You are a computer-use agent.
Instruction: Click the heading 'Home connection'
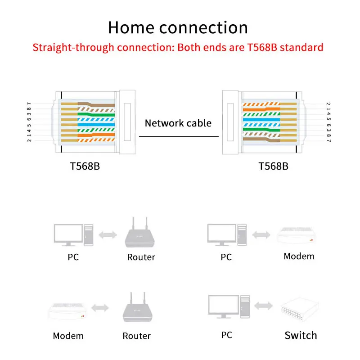click(178, 27)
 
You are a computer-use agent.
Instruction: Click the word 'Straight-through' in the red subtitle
click(73, 48)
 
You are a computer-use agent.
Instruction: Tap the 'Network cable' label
click(178, 123)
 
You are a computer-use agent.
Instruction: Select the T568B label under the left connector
click(85, 166)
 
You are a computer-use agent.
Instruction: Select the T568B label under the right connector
click(273, 166)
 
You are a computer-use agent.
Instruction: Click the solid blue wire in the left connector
click(96, 125)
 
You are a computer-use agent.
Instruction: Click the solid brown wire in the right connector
click(261, 139)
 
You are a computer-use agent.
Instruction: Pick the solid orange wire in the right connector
click(261, 109)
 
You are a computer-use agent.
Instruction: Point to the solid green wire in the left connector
click(96, 114)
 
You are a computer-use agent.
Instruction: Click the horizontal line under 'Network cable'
click(179, 137)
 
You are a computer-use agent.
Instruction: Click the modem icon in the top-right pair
click(296, 235)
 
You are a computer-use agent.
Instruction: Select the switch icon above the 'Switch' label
click(300, 310)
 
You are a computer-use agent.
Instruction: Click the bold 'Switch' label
click(301, 335)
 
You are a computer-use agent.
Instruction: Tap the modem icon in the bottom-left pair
click(68, 311)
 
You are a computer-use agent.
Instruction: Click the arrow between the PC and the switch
click(264, 306)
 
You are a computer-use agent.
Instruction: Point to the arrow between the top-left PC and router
click(108, 235)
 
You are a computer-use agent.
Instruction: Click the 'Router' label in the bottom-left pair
click(137, 336)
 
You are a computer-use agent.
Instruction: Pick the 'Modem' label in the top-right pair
click(299, 256)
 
